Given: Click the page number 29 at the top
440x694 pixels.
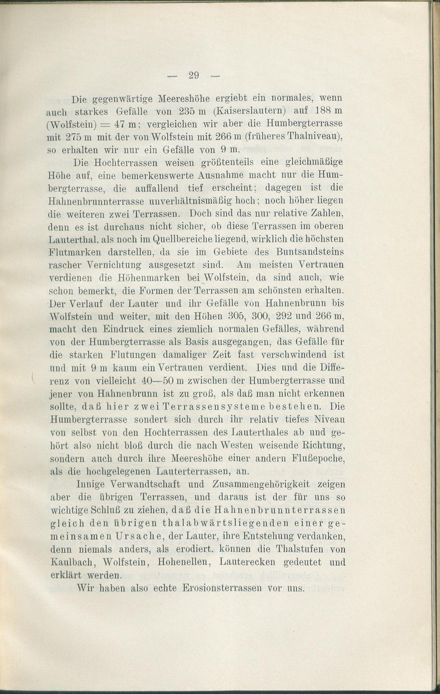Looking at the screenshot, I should point(194,75).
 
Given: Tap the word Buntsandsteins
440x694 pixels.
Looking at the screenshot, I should point(310,252).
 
